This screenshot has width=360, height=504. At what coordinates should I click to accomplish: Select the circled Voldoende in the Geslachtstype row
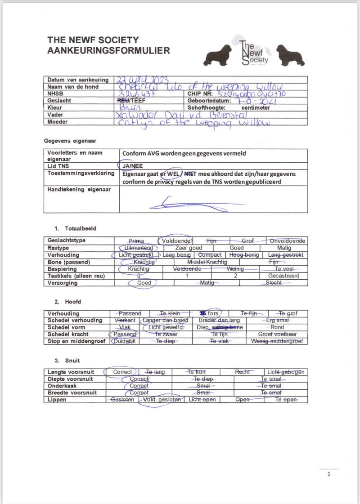coord(176,241)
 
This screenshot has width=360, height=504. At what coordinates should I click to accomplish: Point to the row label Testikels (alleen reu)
coord(76,276)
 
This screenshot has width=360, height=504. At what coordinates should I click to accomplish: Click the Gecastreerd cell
coord(280,276)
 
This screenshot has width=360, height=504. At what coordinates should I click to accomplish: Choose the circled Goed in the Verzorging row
coord(144,283)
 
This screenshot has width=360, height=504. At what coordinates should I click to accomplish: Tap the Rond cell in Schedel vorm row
coord(277,327)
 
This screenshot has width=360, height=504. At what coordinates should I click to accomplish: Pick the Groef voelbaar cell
coord(277,334)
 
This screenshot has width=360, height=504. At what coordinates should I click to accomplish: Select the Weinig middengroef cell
coord(277,341)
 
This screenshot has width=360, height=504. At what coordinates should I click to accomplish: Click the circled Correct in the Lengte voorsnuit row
coord(122,372)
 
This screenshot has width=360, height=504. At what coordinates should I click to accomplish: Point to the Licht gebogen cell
coord(285,372)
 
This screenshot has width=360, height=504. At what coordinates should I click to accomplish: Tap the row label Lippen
coord(57,400)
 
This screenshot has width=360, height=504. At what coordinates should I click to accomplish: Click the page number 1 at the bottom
coord(328,474)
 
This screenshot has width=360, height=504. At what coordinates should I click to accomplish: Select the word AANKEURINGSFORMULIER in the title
coord(109,51)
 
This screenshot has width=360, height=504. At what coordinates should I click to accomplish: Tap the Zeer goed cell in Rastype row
coord(189,248)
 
